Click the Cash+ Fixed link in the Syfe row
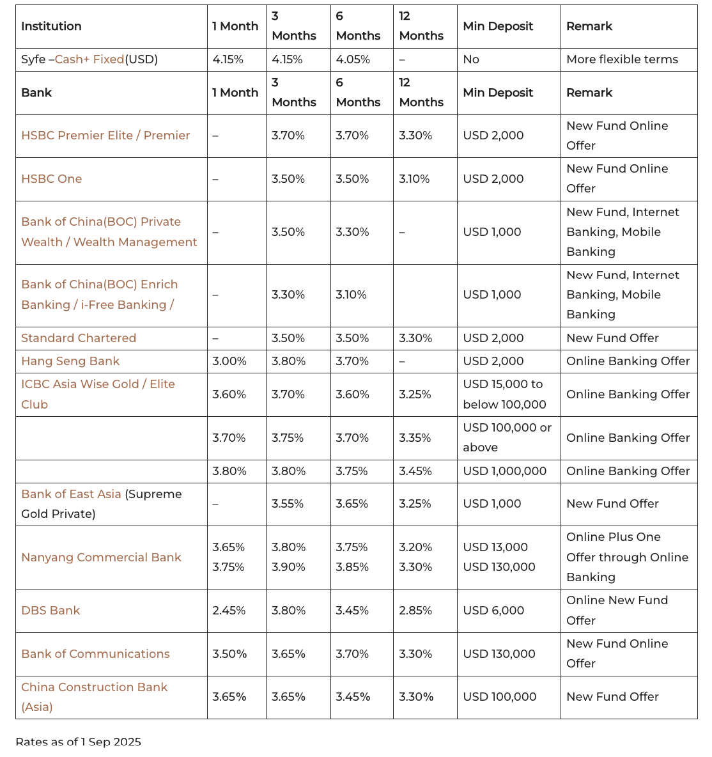click(89, 59)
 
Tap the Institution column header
click(51, 26)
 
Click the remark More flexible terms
click(622, 59)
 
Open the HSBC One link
click(51, 179)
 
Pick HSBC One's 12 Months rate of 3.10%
click(415, 179)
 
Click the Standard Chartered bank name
click(79, 338)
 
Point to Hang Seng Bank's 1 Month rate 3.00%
click(229, 361)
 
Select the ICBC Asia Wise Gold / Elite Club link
click(98, 385)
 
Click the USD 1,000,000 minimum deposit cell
click(504, 471)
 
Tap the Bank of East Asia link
click(71, 494)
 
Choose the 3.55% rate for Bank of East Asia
click(288, 504)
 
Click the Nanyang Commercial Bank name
click(101, 558)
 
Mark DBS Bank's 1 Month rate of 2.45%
click(229, 611)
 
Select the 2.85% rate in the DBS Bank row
click(415, 611)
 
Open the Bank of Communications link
click(95, 654)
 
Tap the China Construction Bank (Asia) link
click(94, 687)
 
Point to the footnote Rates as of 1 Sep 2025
click(78, 742)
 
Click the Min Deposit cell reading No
click(471, 59)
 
